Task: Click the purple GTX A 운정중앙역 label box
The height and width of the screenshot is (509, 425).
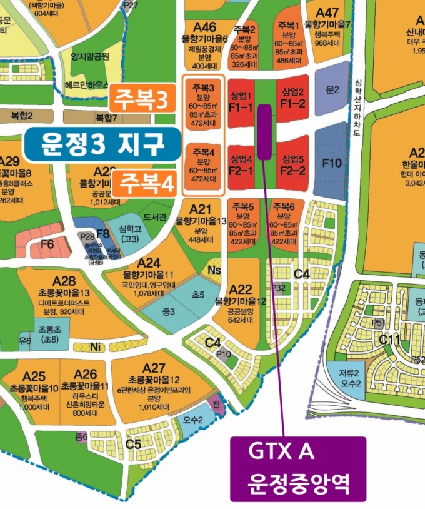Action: point(297,469)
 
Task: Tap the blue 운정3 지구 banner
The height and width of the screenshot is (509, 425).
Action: point(99,145)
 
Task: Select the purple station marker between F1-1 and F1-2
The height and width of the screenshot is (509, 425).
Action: point(264,131)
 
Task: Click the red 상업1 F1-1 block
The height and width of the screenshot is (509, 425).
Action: point(241,101)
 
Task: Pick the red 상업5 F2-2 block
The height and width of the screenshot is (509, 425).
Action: point(292,164)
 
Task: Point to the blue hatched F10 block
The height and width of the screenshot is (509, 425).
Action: point(331,163)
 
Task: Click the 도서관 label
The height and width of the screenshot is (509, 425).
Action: point(154,218)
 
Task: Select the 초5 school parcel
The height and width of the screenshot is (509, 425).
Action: point(198,294)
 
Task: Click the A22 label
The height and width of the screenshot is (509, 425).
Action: point(241,289)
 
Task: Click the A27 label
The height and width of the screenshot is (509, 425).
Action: point(154,368)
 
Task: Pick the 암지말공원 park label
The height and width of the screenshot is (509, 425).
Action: point(90,56)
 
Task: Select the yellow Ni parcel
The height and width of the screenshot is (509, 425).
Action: point(95,346)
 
